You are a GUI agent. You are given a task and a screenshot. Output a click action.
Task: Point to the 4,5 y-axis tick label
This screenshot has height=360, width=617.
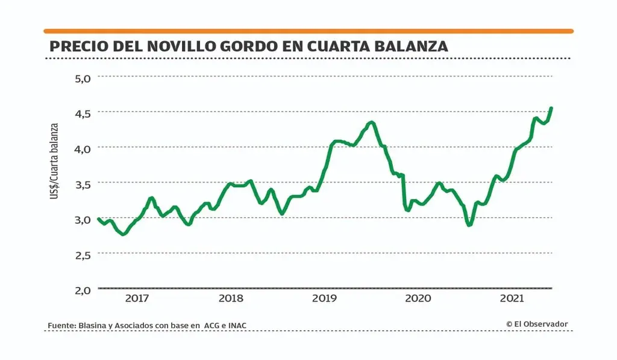click(83, 113)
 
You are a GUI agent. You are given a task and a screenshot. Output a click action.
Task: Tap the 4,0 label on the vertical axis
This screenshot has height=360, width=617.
click(83, 148)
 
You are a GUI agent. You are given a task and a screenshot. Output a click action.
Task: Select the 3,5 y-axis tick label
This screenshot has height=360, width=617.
click(83, 183)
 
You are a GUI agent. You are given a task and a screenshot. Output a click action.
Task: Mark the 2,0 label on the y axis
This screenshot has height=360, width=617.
click(83, 289)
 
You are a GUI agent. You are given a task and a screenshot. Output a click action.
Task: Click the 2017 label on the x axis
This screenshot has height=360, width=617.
click(137, 298)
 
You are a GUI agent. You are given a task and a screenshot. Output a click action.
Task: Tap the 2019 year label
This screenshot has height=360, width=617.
click(324, 298)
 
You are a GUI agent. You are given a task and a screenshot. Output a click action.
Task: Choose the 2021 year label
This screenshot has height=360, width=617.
click(512, 298)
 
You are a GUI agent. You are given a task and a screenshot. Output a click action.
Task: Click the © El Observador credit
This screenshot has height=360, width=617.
click(536, 324)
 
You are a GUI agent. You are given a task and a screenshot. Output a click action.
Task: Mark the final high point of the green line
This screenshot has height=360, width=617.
click(551, 108)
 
